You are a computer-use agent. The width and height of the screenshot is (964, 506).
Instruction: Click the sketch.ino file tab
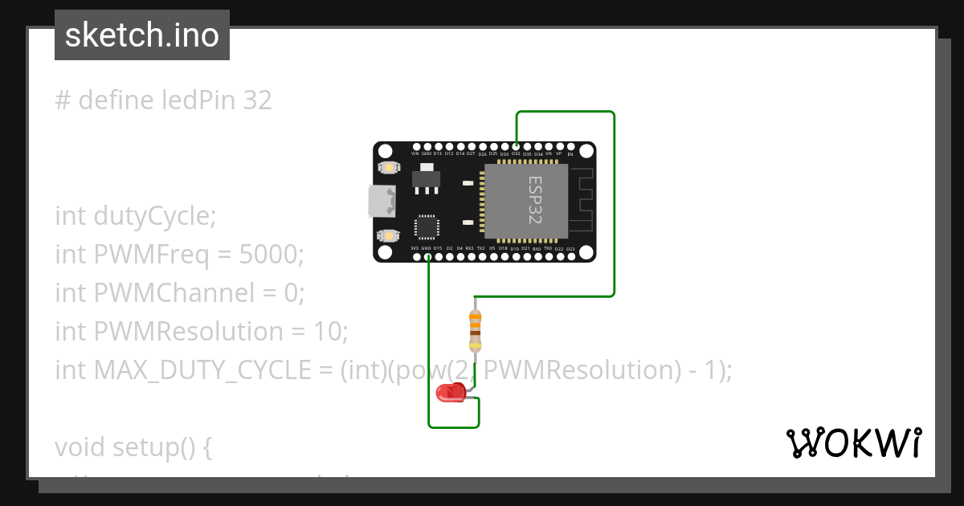142,35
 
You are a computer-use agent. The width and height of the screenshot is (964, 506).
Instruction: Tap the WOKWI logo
854,443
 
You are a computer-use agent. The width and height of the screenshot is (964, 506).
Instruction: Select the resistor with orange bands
476,328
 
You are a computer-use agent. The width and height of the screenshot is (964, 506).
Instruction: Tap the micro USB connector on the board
380,201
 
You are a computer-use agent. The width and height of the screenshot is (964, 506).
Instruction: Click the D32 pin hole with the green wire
516,146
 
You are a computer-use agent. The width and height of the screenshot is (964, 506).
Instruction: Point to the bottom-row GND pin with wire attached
427,256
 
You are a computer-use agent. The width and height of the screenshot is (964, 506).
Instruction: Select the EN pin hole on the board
570,146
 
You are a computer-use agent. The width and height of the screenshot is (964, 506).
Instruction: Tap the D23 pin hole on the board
570,256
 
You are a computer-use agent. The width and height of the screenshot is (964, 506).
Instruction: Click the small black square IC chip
427,226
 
